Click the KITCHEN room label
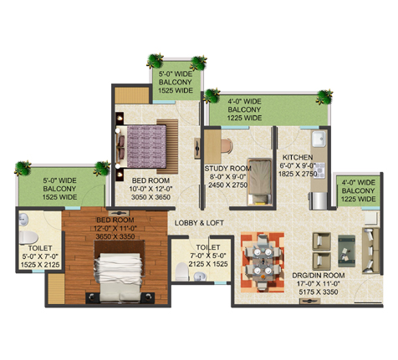298,157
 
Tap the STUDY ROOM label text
227,169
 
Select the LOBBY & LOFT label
199,223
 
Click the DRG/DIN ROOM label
318,276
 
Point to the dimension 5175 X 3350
318,292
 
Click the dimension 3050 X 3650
151,197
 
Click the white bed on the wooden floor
118,277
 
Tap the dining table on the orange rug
263,262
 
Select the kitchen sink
319,139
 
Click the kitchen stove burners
319,170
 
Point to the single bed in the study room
260,182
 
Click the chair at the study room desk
227,146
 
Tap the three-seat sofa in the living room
370,251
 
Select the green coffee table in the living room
346,251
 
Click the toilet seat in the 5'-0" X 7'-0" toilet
28,238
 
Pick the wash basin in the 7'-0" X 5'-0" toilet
200,276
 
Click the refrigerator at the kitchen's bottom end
318,200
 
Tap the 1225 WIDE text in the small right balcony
358,200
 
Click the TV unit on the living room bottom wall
309,301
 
